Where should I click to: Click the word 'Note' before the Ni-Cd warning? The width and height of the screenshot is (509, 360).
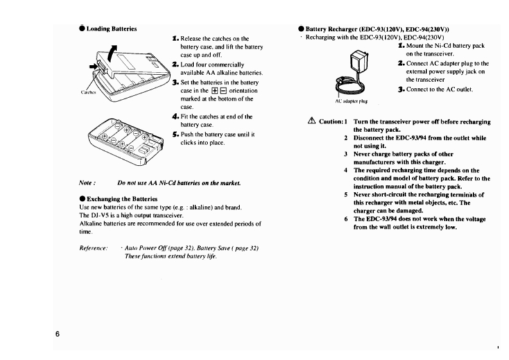(x=86, y=184)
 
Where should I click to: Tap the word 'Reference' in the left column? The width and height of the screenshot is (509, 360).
(x=92, y=247)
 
